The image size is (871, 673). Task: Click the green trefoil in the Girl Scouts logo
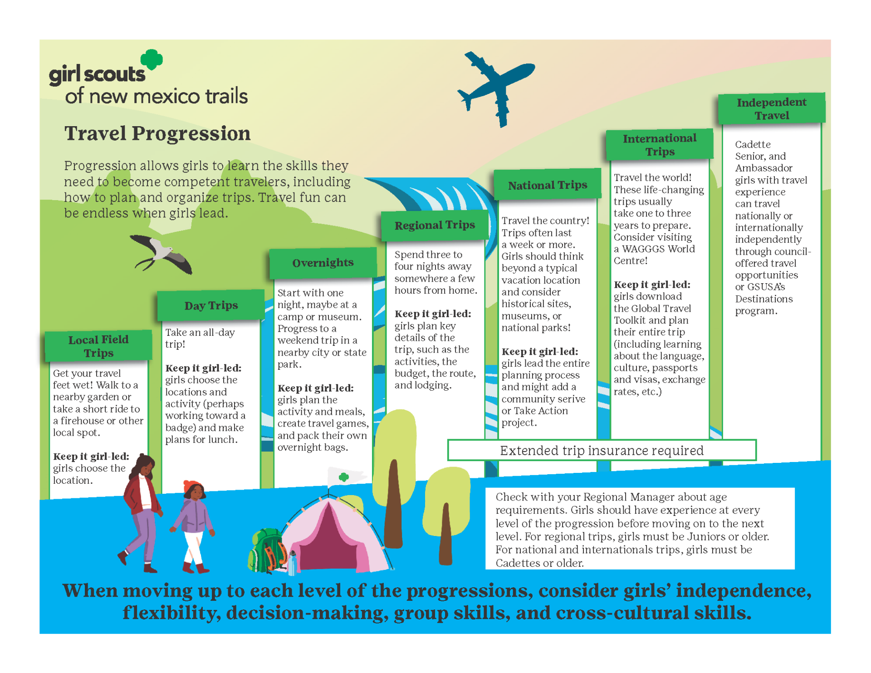coord(152,59)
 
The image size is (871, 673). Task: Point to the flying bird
coord(161,254)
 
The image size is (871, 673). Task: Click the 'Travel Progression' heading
coord(157,133)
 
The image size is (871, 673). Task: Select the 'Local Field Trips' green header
coord(98,346)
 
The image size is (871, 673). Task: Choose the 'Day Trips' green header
coord(211,305)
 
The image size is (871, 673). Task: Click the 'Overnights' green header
coord(323,263)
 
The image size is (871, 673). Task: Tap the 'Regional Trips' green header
coord(435,225)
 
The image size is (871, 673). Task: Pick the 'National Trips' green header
coord(547,185)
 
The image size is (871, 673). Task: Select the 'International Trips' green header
coord(659,145)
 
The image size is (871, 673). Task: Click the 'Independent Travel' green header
coord(771,108)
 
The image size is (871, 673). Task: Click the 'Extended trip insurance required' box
coord(602,450)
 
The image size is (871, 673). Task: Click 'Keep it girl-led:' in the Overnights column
coord(315,388)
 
